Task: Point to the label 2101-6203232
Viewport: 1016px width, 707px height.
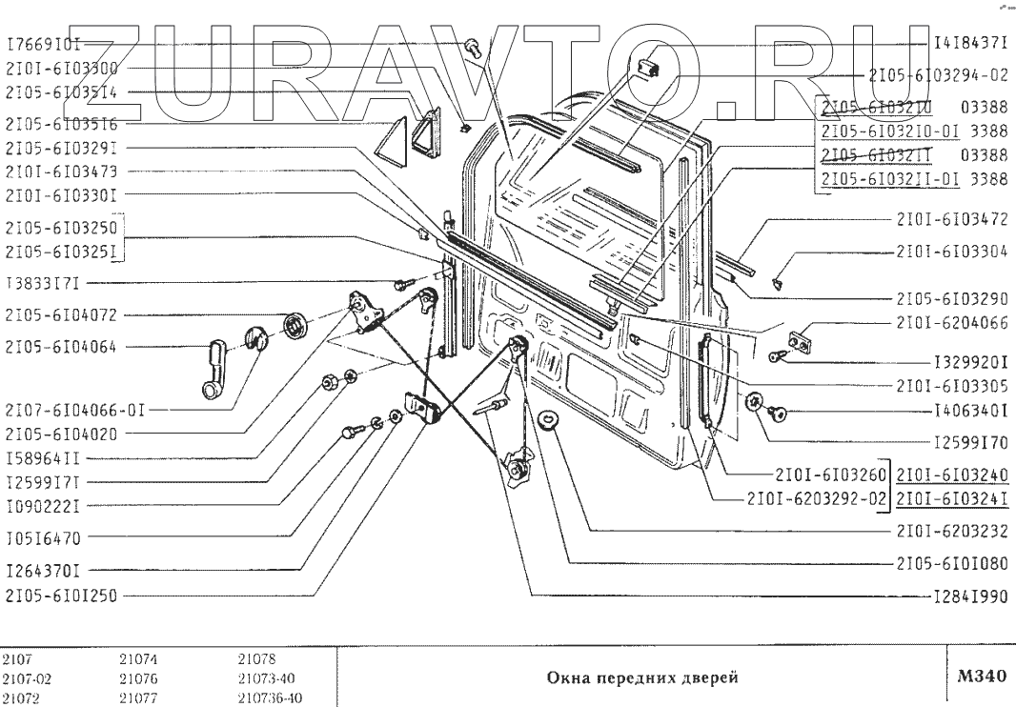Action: [951, 530]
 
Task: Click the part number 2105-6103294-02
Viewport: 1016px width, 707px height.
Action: [938, 73]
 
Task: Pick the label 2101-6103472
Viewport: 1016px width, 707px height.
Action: [951, 219]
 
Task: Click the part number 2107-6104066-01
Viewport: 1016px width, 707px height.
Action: [75, 411]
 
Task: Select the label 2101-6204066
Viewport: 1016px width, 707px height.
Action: [951, 323]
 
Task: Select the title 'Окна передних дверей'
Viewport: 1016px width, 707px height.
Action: [641, 678]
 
